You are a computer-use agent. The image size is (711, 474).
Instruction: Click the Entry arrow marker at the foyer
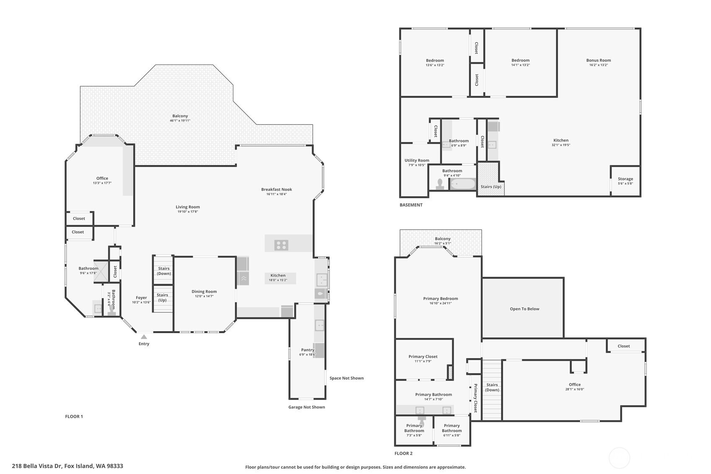tap(144, 337)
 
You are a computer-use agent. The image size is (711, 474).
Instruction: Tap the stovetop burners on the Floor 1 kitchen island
tap(281, 245)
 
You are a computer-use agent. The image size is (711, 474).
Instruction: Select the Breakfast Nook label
tap(277, 189)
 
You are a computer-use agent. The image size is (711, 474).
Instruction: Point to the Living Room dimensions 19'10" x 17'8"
tap(188, 212)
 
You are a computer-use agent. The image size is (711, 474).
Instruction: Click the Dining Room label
tap(204, 291)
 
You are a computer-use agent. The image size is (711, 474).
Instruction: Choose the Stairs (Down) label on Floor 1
tap(164, 271)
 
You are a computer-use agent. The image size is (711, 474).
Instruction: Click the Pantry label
tap(308, 350)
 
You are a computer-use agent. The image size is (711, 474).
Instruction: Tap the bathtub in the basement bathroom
tap(463, 184)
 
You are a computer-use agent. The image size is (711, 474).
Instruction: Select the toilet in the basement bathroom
tap(440, 184)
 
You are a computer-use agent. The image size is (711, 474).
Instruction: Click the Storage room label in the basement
tap(625, 179)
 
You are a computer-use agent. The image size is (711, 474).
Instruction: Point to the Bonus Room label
tap(598, 60)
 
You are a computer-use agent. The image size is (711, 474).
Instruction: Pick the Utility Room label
tap(417, 161)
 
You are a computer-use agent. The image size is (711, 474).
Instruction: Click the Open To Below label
tap(525, 309)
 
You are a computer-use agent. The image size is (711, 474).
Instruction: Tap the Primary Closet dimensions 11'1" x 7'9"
tap(423, 361)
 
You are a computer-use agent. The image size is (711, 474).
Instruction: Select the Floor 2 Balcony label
tap(442, 239)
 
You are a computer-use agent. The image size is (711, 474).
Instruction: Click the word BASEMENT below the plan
tap(411, 205)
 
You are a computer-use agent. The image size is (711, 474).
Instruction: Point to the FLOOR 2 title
tap(403, 453)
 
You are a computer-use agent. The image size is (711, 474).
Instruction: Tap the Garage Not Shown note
tap(306, 407)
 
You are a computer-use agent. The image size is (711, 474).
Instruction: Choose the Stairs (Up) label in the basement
tap(491, 186)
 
